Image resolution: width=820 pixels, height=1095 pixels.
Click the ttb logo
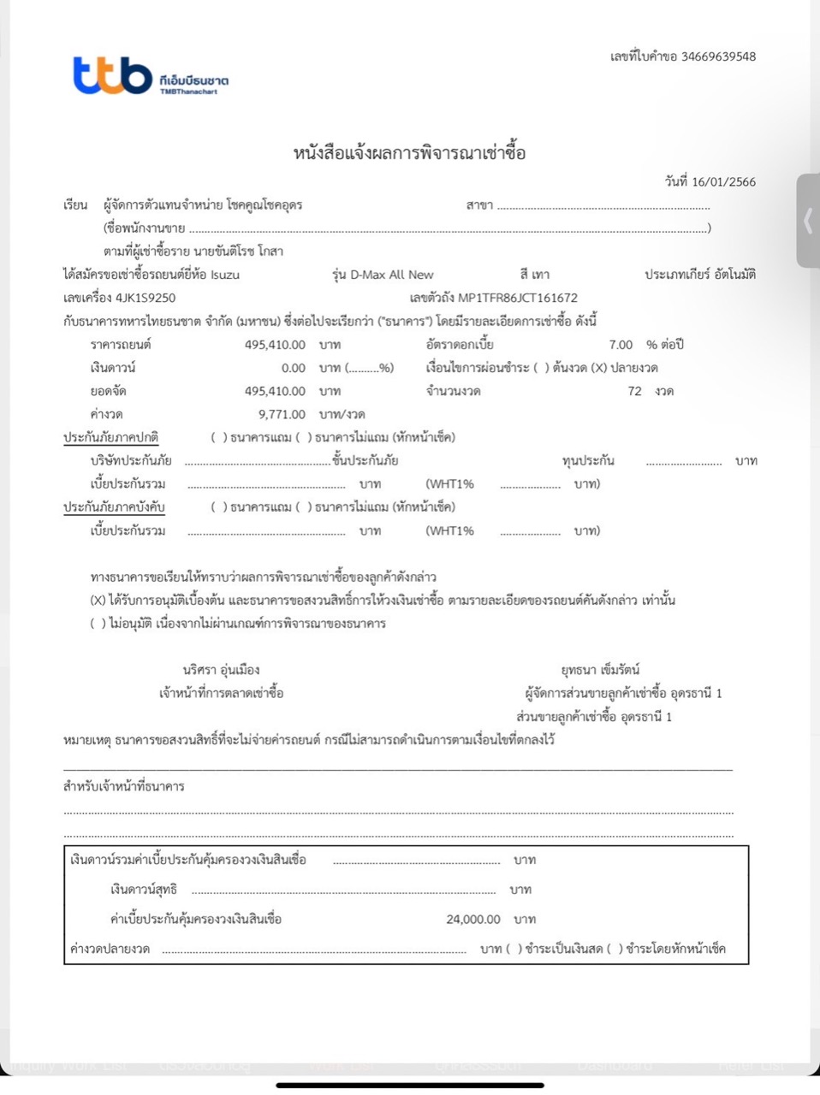(113, 75)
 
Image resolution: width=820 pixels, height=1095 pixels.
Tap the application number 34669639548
(719, 56)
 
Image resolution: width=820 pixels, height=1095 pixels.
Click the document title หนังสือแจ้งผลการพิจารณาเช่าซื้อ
(409, 153)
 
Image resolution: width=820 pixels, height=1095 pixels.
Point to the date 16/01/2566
(723, 181)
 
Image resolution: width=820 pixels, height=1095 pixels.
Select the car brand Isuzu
(225, 275)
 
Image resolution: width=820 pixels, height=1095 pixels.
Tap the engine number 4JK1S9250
(146, 298)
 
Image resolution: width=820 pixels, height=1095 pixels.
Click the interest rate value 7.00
(621, 345)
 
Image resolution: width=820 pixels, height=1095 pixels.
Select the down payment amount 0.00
(293, 368)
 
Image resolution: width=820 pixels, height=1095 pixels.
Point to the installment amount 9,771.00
(282, 414)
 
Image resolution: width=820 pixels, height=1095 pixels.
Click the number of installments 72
(634, 391)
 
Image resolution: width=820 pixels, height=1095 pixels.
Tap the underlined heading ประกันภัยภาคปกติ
(110, 437)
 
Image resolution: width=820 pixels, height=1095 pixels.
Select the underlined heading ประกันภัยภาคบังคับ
(114, 506)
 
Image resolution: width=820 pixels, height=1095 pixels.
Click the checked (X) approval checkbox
(98, 601)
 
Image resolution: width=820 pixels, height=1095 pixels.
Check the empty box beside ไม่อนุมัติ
(98, 624)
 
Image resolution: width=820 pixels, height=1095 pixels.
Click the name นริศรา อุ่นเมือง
(221, 670)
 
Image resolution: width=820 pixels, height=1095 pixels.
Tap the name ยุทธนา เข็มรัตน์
(600, 670)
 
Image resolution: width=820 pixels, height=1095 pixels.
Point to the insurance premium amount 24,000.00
(473, 919)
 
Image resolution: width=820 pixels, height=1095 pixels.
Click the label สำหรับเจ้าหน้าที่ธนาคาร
(124, 786)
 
